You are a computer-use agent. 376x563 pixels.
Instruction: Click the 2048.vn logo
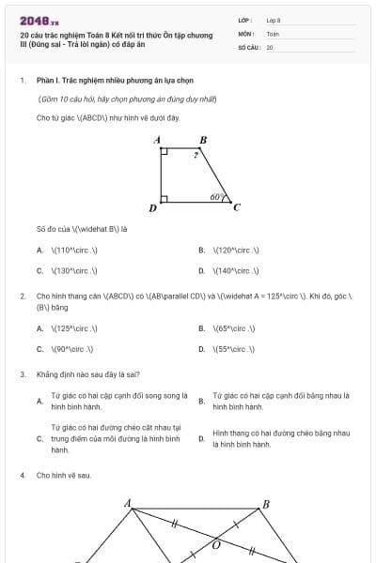[39, 20]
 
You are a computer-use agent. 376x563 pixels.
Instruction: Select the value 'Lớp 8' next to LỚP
[274, 20]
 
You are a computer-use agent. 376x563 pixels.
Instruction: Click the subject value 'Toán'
[273, 34]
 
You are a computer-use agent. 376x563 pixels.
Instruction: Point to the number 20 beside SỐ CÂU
[270, 47]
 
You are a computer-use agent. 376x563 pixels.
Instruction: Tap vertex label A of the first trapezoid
[158, 141]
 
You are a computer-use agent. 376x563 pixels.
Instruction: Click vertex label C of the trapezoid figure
[236, 207]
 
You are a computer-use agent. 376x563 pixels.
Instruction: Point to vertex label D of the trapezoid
[153, 207]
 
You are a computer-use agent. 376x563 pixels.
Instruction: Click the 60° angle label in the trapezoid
[217, 197]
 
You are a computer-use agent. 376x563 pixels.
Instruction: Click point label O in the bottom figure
[217, 543]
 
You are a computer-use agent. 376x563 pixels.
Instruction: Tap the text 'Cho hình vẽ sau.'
[64, 476]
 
